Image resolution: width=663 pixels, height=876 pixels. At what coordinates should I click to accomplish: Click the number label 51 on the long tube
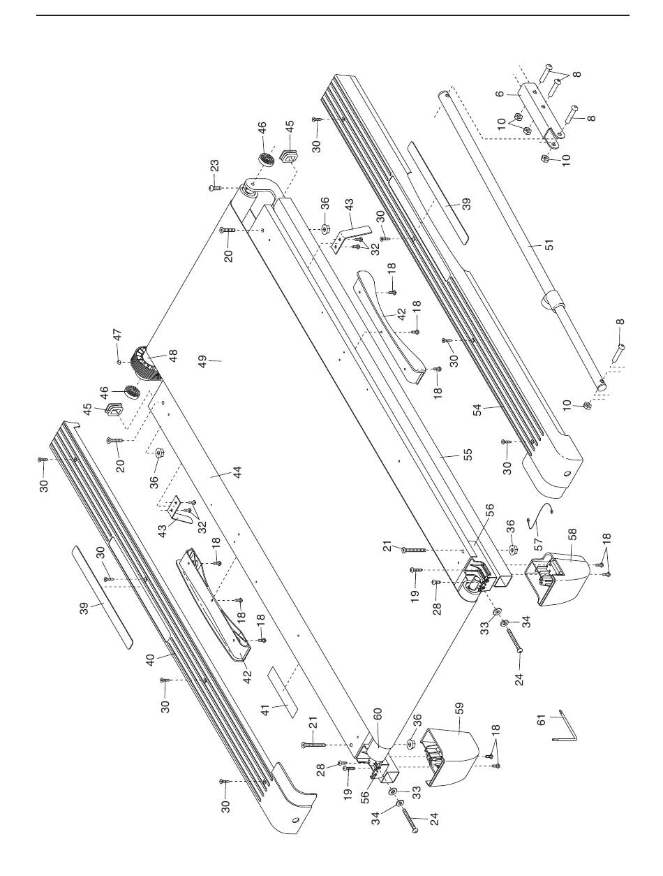coord(550,244)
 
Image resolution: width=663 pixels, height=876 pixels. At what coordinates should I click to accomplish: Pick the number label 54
coord(477,410)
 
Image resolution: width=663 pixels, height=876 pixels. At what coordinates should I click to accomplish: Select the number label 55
coord(468,455)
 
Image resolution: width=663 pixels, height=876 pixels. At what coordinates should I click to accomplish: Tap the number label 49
coord(203,362)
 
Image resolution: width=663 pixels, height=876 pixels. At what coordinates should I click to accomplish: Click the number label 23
coord(214,166)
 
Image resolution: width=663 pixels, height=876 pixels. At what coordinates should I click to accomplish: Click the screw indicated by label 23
coord(214,187)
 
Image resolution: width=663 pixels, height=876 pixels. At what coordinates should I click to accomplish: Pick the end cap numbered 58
coord(558,578)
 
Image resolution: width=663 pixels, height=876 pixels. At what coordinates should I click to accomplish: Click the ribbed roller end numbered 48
coord(146,363)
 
